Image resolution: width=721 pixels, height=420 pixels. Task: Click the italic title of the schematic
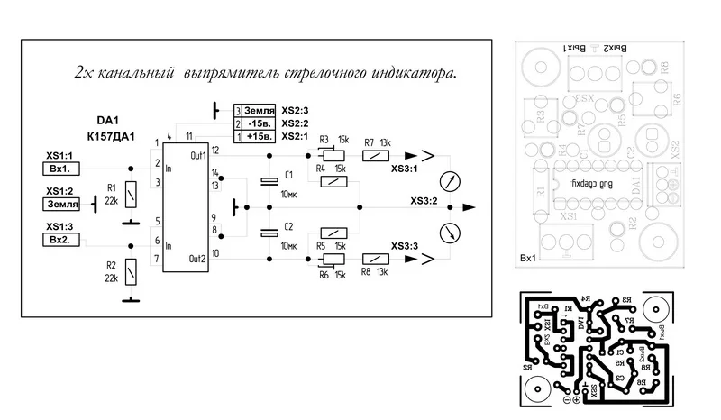point(266,72)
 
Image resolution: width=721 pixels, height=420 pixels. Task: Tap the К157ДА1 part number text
point(111,136)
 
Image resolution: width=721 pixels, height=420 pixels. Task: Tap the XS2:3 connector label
point(294,110)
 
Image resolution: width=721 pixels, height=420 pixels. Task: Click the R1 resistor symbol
point(132,193)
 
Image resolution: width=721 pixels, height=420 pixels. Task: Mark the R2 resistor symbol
point(132,269)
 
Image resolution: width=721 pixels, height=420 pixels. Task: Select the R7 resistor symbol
point(374,155)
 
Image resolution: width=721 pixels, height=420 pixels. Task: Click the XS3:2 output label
point(423,201)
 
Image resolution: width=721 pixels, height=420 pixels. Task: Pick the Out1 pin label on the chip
point(198,155)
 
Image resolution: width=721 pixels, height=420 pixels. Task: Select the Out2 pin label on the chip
point(198,259)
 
